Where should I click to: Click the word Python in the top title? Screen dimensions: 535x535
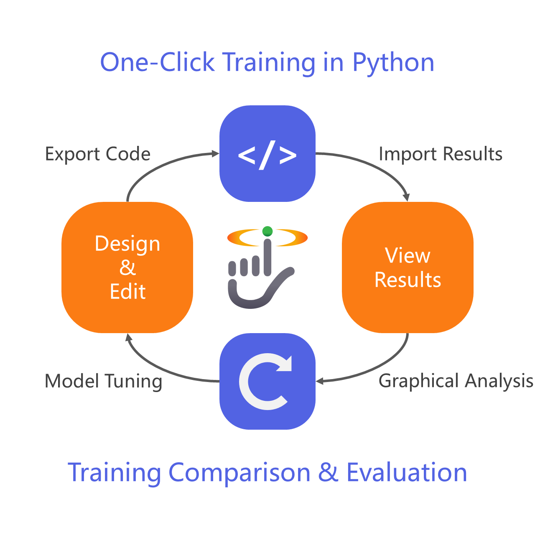click(x=393, y=63)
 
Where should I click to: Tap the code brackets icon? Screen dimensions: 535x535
click(x=267, y=154)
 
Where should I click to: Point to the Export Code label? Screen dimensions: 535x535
click(x=97, y=154)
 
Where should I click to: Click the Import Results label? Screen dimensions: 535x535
click(x=440, y=154)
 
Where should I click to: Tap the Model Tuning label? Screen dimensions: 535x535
click(x=103, y=381)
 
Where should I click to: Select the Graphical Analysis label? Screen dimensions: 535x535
click(x=456, y=381)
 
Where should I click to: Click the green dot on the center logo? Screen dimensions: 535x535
click(x=267, y=231)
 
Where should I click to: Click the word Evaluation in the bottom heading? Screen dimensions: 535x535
click(x=407, y=472)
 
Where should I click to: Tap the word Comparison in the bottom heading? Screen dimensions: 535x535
click(x=239, y=472)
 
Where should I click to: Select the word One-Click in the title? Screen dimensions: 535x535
click(x=158, y=63)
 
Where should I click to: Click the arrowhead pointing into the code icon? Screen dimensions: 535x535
click(x=216, y=154)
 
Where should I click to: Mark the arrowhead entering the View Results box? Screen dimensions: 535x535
click(x=406, y=197)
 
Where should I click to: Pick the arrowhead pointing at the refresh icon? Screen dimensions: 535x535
click(x=320, y=381)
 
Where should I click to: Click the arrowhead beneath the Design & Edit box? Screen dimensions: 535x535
click(x=129, y=337)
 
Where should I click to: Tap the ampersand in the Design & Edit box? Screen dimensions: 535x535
click(x=127, y=267)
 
